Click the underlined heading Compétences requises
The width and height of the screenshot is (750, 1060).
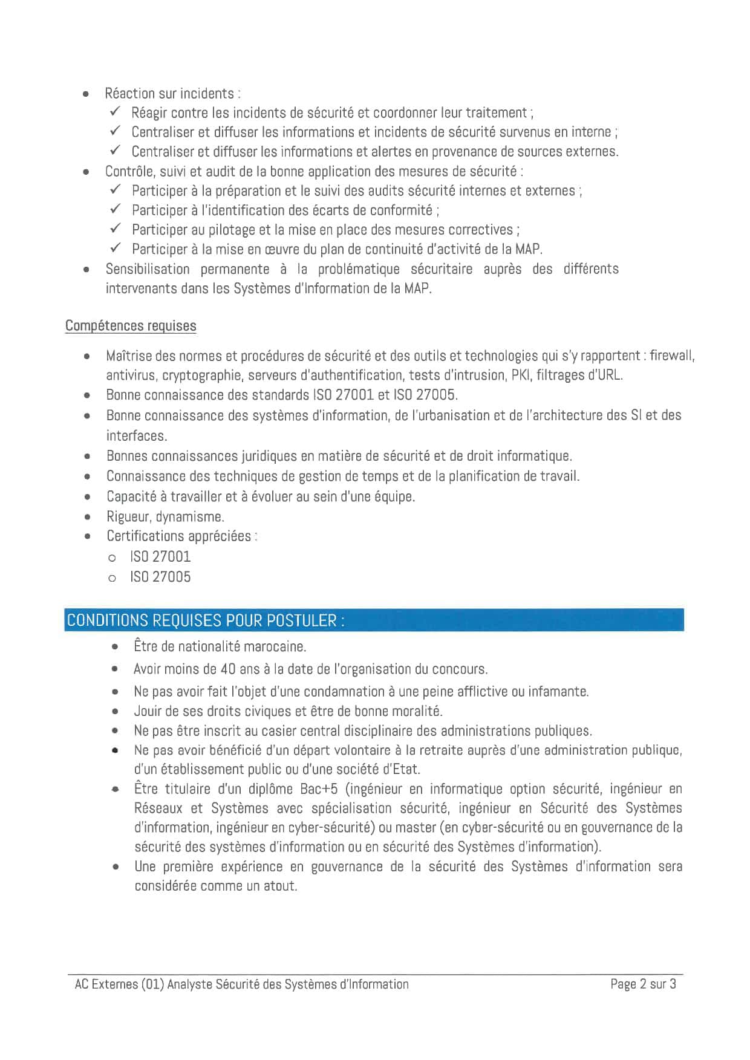[x=131, y=326]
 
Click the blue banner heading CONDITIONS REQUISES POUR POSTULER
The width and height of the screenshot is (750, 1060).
[x=206, y=620]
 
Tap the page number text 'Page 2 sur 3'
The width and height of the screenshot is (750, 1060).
[x=643, y=984]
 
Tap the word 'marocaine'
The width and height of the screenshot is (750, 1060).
[x=278, y=646]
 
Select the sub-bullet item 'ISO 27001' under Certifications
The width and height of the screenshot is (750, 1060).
[x=160, y=557]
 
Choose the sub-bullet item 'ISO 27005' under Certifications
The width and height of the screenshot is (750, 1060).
[x=160, y=577]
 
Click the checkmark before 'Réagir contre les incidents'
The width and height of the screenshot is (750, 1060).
[x=116, y=112]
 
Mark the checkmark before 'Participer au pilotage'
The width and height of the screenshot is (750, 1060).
[x=116, y=229]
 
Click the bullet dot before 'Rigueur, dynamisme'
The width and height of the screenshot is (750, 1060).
[x=88, y=518]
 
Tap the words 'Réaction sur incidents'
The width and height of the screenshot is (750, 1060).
[x=169, y=94]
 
